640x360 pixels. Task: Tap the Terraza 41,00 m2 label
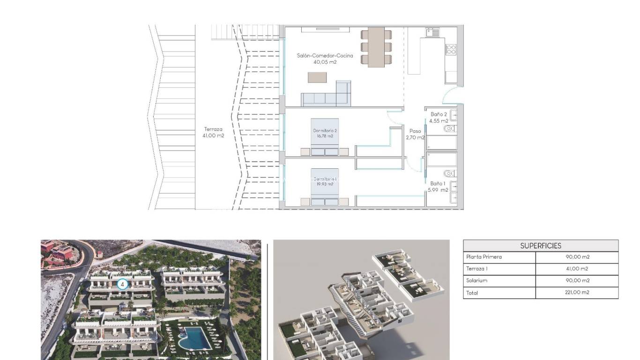[213, 133]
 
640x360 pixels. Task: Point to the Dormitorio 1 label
[325, 181]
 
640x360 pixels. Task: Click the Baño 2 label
[439, 117]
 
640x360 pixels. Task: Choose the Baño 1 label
[438, 187]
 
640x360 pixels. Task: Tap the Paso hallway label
[415, 135]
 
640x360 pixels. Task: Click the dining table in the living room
[376, 47]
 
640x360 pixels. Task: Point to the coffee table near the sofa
[318, 77]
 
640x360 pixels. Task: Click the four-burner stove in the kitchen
[451, 50]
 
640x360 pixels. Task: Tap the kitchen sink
[432, 32]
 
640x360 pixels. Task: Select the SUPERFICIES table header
[541, 246]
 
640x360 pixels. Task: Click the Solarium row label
[477, 280]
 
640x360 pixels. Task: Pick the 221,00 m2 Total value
[577, 292]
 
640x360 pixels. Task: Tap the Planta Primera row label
[484, 257]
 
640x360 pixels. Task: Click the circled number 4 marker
[122, 284]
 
